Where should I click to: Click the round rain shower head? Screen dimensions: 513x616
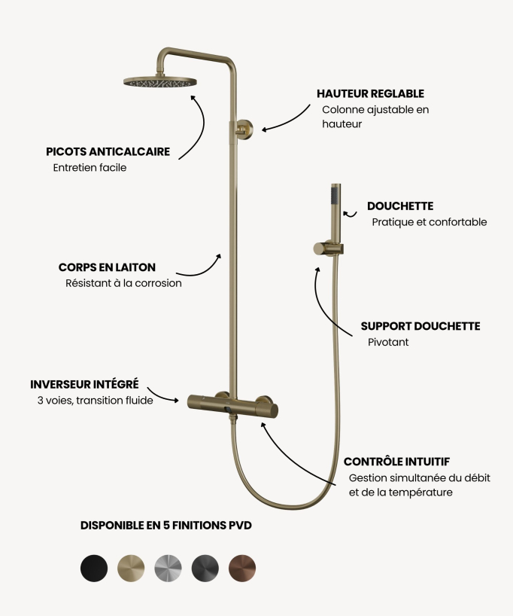pos(159,82)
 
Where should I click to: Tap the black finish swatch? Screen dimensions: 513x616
pos(94,568)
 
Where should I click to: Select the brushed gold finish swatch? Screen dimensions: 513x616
pos(131,568)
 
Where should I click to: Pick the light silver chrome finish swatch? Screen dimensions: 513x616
pos(168,568)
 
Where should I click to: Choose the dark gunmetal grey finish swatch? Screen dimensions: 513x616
pos(205,568)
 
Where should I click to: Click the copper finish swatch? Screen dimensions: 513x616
pos(242,568)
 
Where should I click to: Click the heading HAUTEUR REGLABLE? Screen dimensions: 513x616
pos(371,94)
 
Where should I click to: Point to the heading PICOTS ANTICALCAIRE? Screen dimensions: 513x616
pos(108,151)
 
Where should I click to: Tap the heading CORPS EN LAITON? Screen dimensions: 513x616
pos(107,267)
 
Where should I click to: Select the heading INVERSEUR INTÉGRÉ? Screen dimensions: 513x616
pos(84,384)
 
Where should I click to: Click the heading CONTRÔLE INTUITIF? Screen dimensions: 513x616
pos(397,462)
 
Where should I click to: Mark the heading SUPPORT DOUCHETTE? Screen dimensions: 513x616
pos(420,326)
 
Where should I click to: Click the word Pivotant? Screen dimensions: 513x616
pos(388,342)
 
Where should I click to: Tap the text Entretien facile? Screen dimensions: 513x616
pos(90,168)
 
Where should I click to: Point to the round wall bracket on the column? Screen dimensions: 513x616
pos(245,129)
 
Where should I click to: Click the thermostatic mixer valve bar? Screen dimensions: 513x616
pos(232,405)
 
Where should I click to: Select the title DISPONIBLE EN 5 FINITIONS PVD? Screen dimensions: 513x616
pos(166,525)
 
